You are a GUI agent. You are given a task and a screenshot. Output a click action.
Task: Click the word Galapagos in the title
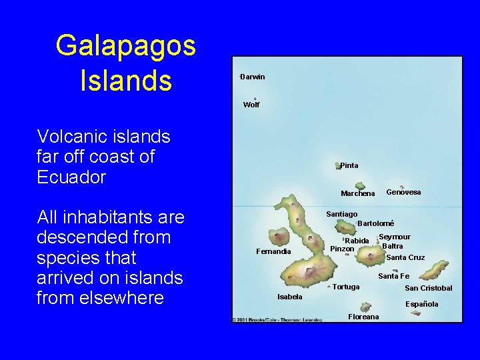[x=125, y=46]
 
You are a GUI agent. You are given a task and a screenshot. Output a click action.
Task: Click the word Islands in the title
[x=125, y=81]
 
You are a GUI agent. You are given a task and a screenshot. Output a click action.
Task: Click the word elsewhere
[x=100, y=297]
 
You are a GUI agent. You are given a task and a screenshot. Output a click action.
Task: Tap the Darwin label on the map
[x=253, y=77]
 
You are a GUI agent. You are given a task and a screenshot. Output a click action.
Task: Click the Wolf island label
[x=251, y=105]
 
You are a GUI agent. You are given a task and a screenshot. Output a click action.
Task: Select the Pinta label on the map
[x=349, y=165]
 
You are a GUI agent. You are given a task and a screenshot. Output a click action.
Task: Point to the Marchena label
[x=358, y=194]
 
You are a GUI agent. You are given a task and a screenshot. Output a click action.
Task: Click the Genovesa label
[x=403, y=192]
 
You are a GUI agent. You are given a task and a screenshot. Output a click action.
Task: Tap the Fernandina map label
[x=273, y=251]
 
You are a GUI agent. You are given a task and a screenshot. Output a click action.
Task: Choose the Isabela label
[x=290, y=297]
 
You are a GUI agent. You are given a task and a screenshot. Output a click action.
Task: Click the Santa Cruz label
[x=405, y=257]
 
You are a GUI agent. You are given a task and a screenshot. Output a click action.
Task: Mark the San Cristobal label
[x=428, y=288]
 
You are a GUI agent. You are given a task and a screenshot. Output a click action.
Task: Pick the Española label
[x=422, y=304]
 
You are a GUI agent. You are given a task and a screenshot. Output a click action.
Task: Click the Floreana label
[x=363, y=317]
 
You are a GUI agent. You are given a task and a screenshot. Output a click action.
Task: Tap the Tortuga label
[x=346, y=287]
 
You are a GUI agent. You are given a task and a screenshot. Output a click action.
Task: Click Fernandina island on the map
[x=278, y=237]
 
